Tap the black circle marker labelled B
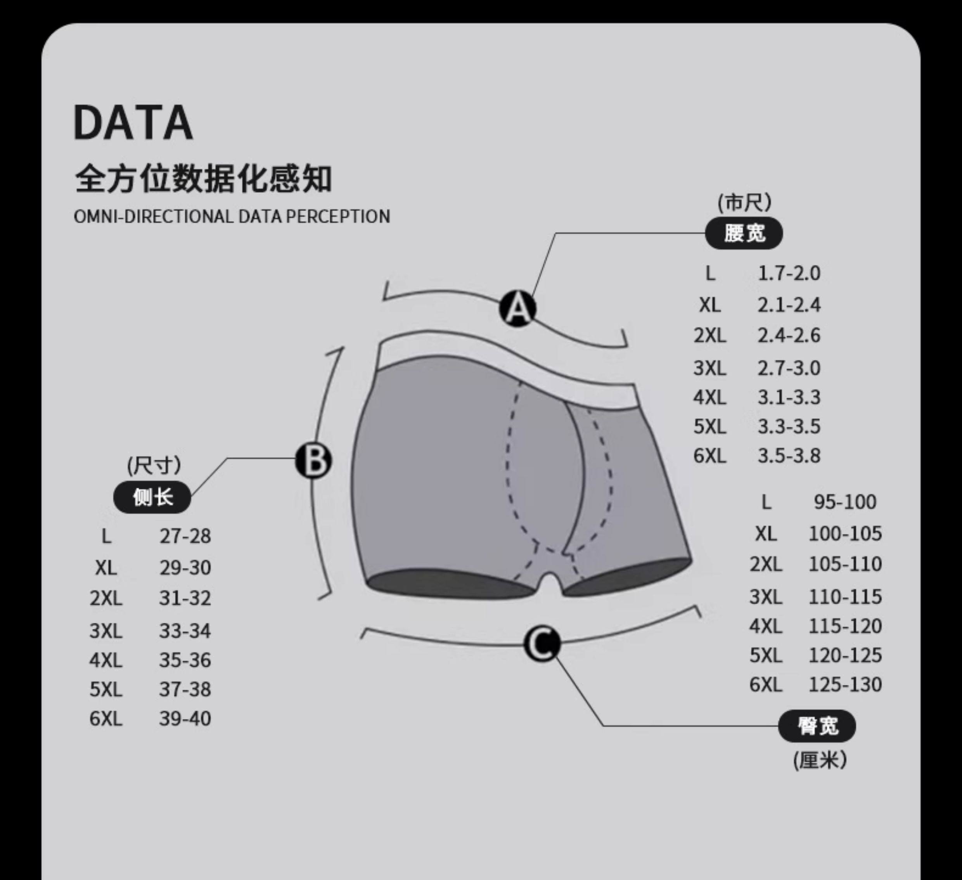pos(313,461)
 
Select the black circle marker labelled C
pos(542,644)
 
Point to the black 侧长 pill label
pos(152,498)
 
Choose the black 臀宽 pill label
pos(817,726)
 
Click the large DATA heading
pos(133,123)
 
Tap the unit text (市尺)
pos(744,203)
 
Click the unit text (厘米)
pos(820,760)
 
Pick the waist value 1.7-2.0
pos(789,274)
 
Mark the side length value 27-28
pos(185,536)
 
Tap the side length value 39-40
pos(185,719)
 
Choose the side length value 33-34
pos(185,631)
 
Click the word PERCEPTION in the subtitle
pos(338,217)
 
